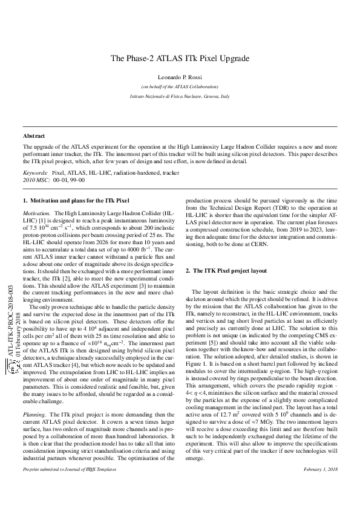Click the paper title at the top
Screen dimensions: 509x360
click(180, 59)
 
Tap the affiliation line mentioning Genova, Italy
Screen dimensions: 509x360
click(180, 97)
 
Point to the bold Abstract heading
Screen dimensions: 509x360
click(34, 136)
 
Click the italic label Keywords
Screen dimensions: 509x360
click(35, 172)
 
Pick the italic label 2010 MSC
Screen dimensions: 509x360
click(36, 180)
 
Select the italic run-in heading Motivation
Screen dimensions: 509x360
click(36, 214)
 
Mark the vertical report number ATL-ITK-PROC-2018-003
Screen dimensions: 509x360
click(10, 328)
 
